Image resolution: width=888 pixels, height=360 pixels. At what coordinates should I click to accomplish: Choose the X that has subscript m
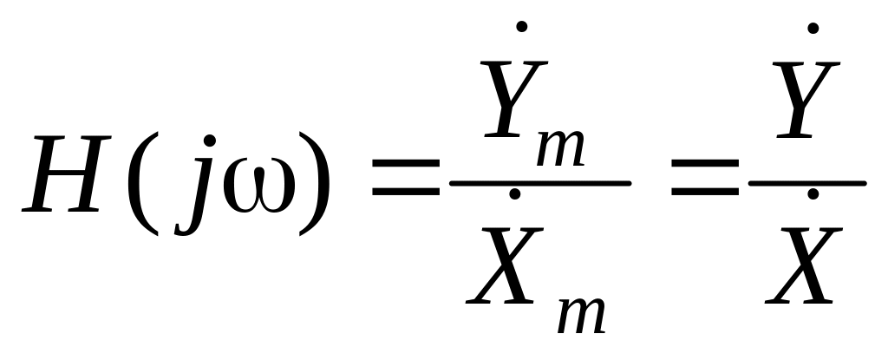[500, 264]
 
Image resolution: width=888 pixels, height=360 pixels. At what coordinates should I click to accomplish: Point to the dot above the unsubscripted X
[813, 194]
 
